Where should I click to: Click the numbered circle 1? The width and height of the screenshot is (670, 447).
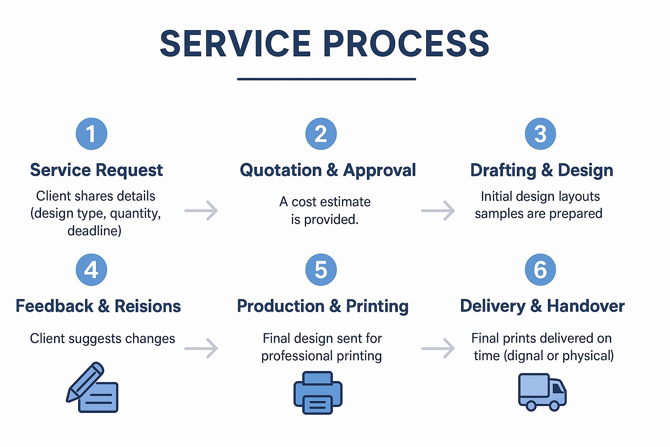(x=91, y=134)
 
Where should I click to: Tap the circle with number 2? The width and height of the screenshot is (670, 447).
(x=321, y=134)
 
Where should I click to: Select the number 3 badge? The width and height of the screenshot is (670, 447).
(x=540, y=134)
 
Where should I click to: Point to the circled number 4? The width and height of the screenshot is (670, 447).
(x=91, y=270)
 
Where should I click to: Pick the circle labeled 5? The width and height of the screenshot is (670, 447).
(x=321, y=270)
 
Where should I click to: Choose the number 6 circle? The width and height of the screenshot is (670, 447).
(x=540, y=270)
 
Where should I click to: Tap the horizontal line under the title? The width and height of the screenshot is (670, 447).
(x=326, y=79)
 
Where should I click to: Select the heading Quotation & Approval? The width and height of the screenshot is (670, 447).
(x=328, y=170)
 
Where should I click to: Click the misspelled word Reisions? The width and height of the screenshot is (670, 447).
(x=147, y=306)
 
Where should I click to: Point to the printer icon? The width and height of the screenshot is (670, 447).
(x=318, y=392)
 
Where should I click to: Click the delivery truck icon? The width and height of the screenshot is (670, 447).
(x=542, y=392)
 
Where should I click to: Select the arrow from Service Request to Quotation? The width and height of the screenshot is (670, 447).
(x=201, y=210)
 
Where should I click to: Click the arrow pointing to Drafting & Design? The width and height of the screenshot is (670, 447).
(x=438, y=210)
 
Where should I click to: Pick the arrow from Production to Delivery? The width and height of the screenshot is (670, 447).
(x=438, y=348)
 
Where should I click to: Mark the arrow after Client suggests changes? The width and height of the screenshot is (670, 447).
(x=201, y=348)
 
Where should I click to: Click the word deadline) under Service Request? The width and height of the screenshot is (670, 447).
(x=94, y=230)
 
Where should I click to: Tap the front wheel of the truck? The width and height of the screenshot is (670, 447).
(x=554, y=406)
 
